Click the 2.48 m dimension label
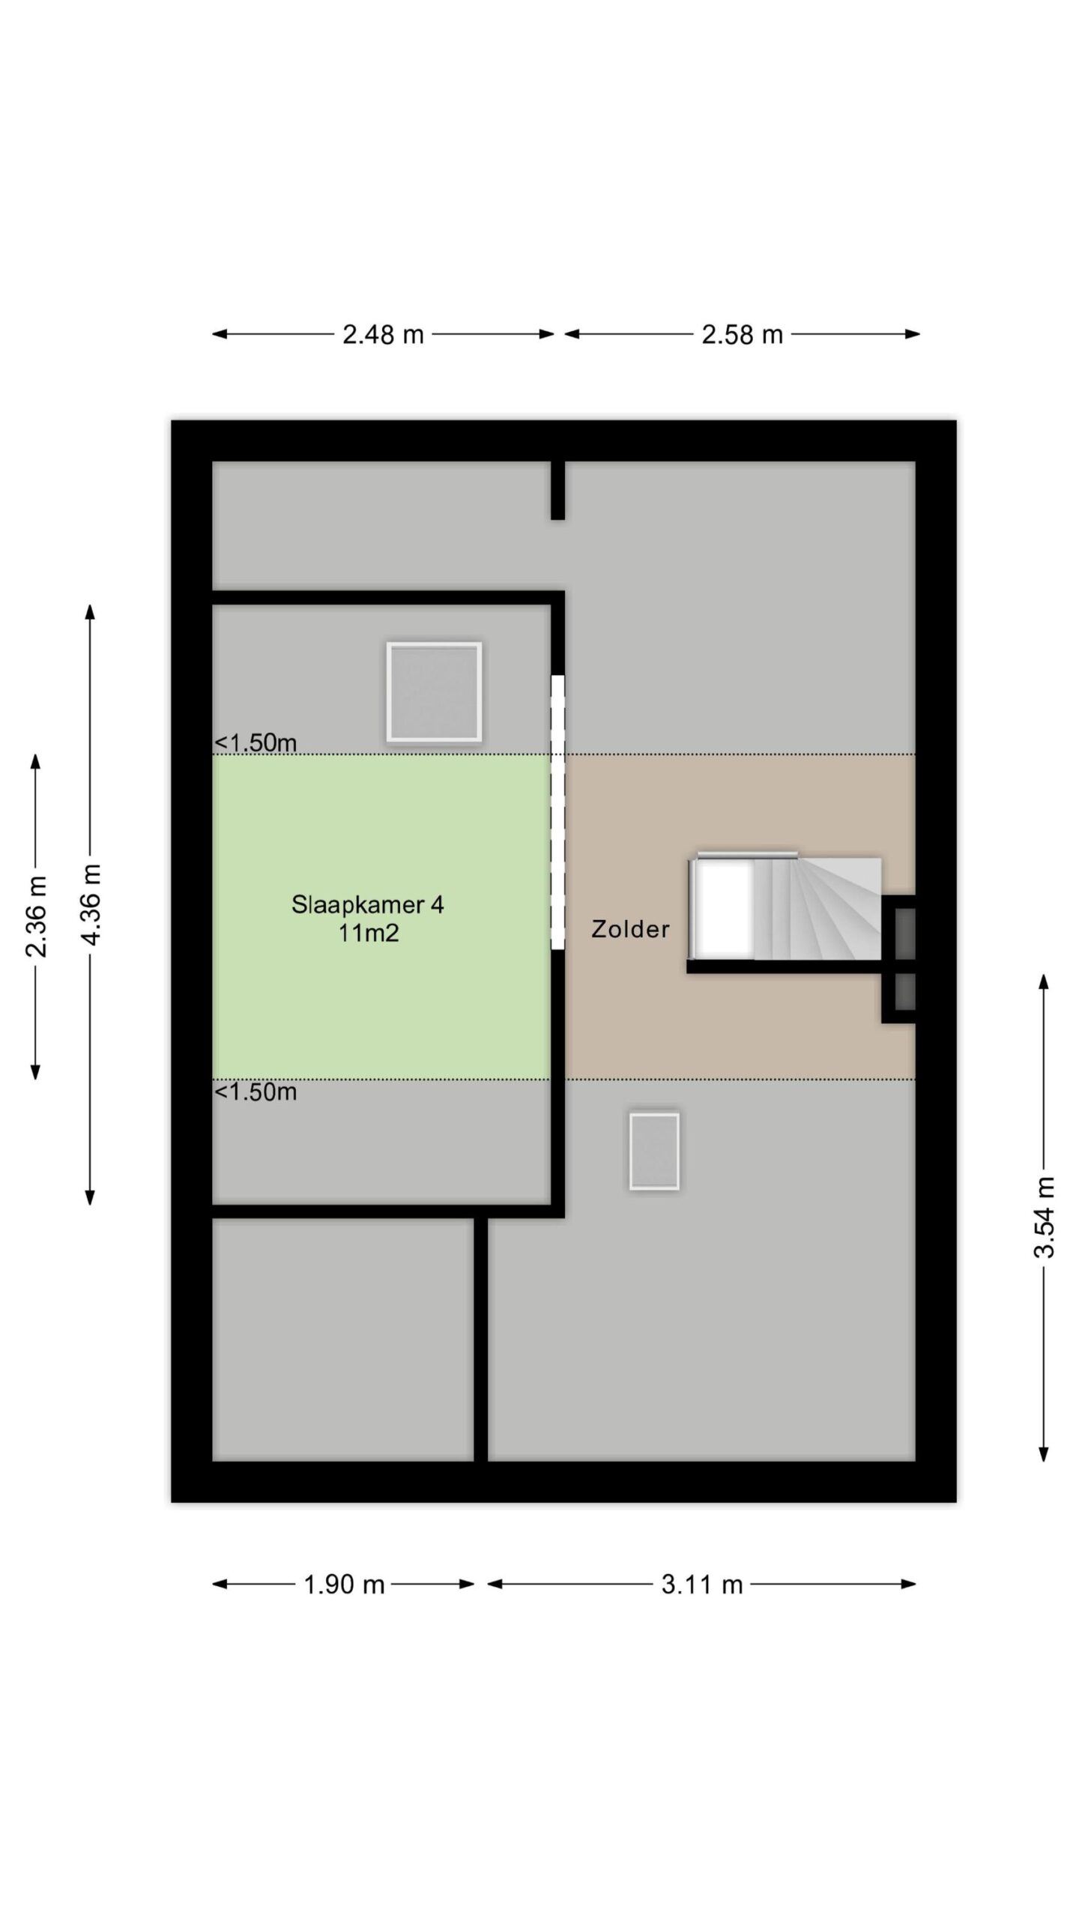(x=383, y=334)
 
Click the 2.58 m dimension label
(x=742, y=334)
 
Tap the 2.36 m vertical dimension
(x=37, y=916)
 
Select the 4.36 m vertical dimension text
(x=91, y=904)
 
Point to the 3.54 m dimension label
(x=1044, y=1217)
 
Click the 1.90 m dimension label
(x=344, y=1585)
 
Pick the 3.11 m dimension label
(x=702, y=1585)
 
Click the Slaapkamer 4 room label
(x=367, y=904)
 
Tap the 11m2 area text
(x=368, y=933)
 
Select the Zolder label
(x=630, y=929)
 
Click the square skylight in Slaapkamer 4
(x=434, y=692)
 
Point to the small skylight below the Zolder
(x=654, y=1151)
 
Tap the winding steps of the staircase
(x=817, y=908)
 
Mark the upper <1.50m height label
(x=256, y=742)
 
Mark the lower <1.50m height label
(x=256, y=1092)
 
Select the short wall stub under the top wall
(x=557, y=490)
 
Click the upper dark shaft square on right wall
(x=905, y=932)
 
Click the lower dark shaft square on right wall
(x=905, y=990)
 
